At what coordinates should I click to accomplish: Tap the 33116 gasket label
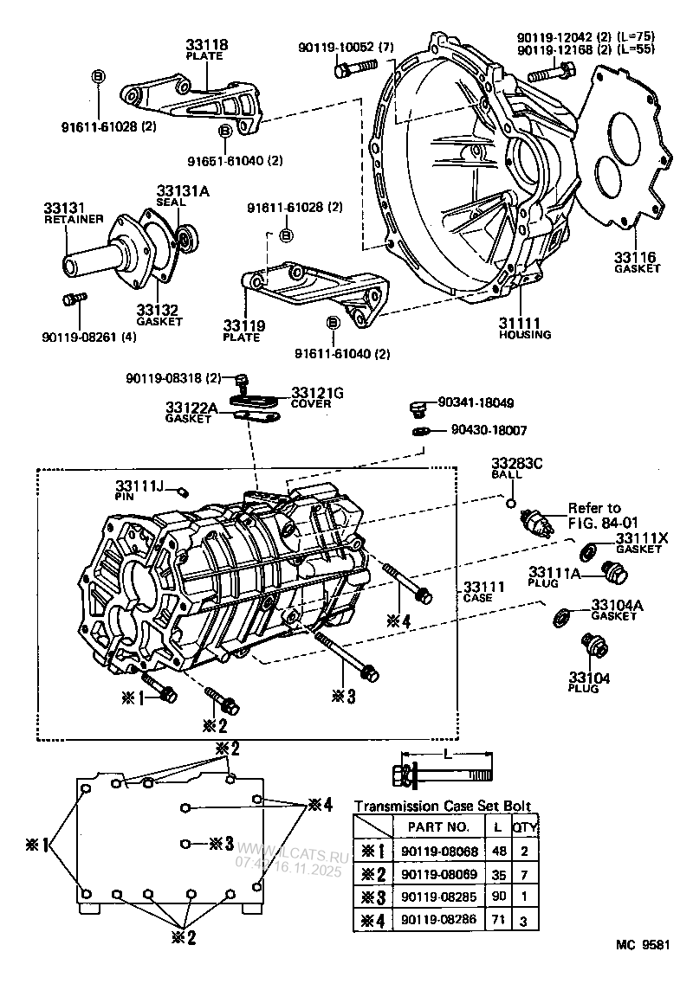click(637, 257)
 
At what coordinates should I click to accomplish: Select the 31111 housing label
click(523, 323)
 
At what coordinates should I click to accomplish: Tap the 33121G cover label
click(317, 393)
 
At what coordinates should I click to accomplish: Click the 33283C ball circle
click(511, 504)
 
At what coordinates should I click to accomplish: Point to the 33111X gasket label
click(642, 537)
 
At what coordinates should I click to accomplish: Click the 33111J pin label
click(140, 486)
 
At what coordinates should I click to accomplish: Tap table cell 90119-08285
click(439, 898)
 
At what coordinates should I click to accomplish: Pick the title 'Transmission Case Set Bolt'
click(442, 806)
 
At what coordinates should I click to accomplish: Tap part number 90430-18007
click(489, 429)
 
